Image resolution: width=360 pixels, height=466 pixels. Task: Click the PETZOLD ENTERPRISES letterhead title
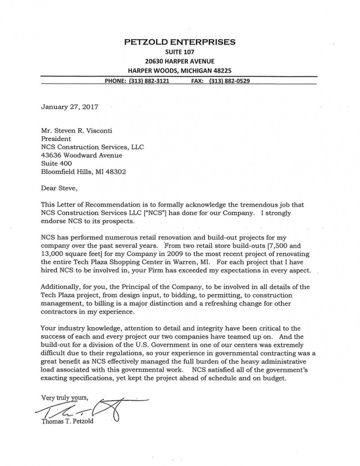coord(179,42)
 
